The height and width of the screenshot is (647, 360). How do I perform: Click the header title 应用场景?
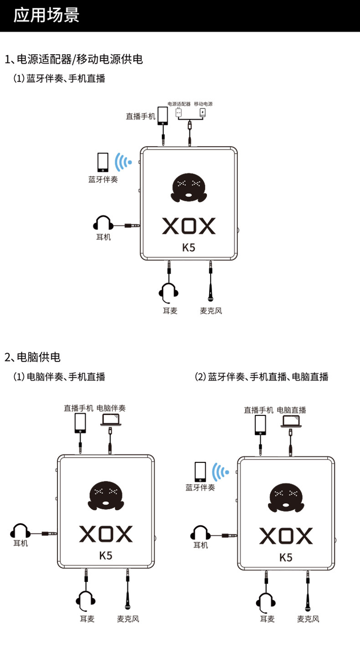[46, 15]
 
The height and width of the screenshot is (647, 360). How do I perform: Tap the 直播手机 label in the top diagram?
[141, 116]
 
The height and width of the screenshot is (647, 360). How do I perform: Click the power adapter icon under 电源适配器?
[179, 112]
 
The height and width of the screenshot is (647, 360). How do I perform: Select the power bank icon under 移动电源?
[203, 112]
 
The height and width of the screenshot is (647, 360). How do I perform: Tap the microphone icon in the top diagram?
[211, 292]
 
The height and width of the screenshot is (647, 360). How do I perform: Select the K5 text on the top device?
[189, 248]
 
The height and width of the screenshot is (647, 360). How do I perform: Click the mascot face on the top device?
[189, 187]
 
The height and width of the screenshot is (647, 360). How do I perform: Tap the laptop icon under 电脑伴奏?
[111, 419]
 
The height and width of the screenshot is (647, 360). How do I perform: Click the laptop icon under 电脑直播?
[291, 421]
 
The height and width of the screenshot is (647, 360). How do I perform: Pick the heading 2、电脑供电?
[32, 357]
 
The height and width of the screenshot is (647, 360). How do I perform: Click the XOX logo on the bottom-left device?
[106, 534]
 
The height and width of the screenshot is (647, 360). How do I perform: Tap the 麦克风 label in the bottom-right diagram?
[308, 619]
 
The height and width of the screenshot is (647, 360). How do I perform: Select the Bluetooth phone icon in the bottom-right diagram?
[201, 472]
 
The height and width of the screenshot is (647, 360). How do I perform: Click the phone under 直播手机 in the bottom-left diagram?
[80, 423]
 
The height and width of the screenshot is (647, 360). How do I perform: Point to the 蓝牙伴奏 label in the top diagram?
[103, 179]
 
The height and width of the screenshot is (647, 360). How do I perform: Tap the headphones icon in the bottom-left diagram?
[20, 531]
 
